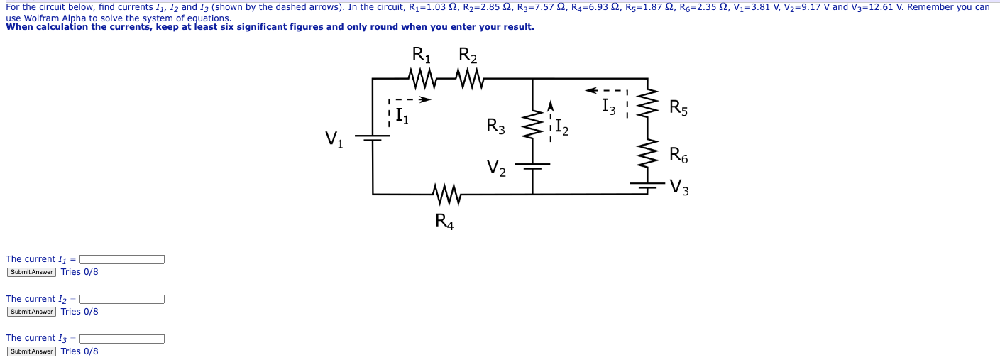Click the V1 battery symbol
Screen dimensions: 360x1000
click(x=373, y=138)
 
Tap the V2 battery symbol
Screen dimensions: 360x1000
click(x=532, y=166)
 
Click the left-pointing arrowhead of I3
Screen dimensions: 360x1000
click(x=590, y=90)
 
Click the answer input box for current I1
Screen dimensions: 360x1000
click(x=122, y=259)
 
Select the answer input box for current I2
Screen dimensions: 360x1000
click(x=122, y=299)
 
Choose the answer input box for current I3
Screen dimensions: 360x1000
click(x=122, y=339)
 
